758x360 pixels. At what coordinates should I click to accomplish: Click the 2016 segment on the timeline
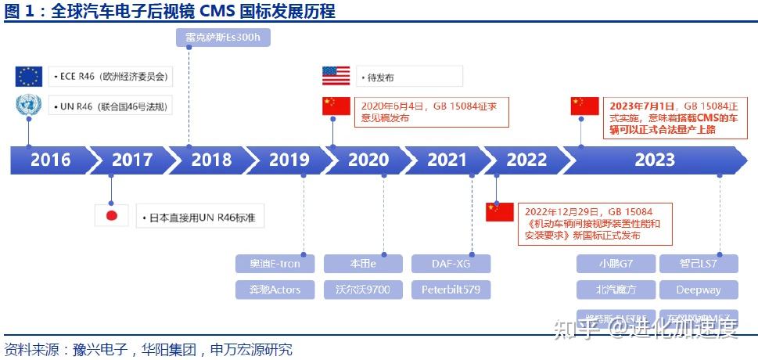click(x=50, y=160)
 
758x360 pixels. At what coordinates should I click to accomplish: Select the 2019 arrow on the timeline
click(x=289, y=160)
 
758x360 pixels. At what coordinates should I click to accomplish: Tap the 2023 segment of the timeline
click(x=654, y=160)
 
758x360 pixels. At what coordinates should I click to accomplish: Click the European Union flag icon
click(x=29, y=76)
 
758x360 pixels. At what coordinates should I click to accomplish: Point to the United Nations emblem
click(x=29, y=106)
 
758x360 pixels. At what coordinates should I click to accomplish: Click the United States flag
click(x=336, y=76)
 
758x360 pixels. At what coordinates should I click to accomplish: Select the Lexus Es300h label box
click(x=211, y=38)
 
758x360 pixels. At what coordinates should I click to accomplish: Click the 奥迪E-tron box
click(x=275, y=263)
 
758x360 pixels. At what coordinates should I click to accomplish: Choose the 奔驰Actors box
click(x=275, y=290)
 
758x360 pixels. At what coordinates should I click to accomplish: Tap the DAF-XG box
click(x=451, y=263)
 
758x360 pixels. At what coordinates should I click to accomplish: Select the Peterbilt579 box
click(x=451, y=290)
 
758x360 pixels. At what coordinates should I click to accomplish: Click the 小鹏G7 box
click(x=616, y=263)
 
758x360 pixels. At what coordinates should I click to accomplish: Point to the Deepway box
click(x=699, y=290)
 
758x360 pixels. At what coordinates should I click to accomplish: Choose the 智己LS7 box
click(x=699, y=263)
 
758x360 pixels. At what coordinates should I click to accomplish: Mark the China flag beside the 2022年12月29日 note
click(x=500, y=211)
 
